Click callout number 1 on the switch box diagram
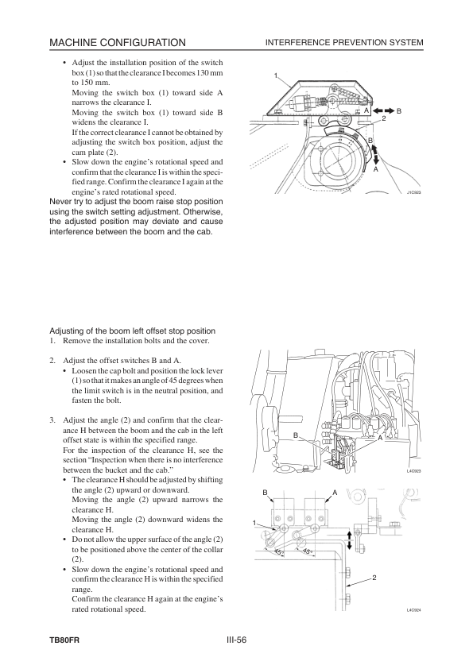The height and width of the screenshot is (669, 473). (276, 76)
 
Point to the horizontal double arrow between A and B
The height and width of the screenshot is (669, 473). (383, 111)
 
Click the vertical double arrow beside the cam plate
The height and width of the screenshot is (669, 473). (376, 153)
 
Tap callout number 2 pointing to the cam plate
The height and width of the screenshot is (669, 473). (384, 118)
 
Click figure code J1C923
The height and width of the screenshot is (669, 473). (413, 192)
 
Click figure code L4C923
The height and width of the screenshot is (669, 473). (413, 471)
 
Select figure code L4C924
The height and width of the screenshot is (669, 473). (413, 609)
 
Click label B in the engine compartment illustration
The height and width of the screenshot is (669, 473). (296, 435)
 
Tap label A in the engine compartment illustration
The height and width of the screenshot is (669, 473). (380, 437)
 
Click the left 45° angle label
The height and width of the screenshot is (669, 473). (278, 552)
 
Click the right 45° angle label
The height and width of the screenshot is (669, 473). (307, 551)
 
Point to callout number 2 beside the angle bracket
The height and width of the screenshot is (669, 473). (374, 578)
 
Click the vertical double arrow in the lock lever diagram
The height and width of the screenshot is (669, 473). (349, 540)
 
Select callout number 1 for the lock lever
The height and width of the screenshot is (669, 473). (254, 523)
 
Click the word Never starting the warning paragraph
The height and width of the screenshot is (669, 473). (60, 202)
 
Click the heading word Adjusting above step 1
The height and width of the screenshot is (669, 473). (66, 331)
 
